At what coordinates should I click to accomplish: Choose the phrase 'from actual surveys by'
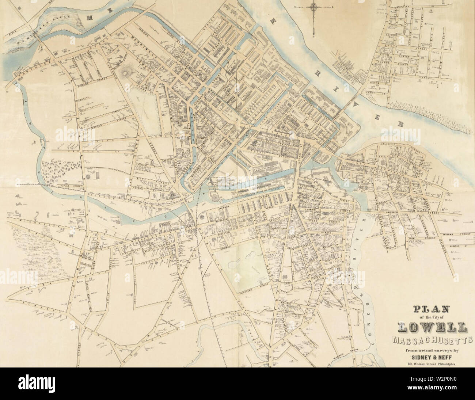tap(432, 351)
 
